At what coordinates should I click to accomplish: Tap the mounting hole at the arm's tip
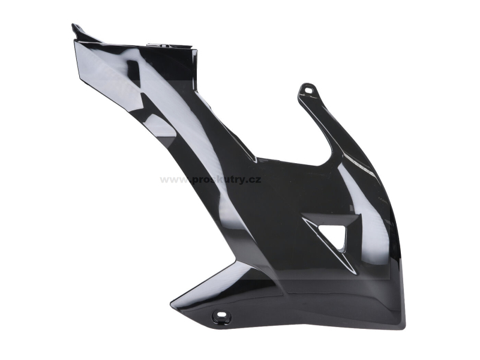point(308,90)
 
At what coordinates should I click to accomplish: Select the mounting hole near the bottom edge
point(221,314)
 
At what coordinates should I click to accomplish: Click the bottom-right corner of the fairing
point(404,327)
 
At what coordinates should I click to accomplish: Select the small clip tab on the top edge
point(159,46)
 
